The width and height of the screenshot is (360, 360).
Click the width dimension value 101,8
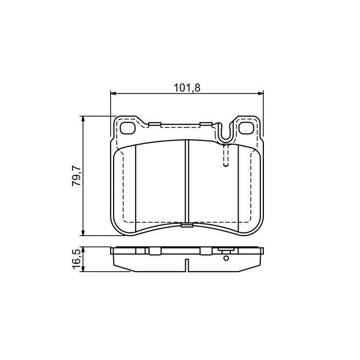click(x=187, y=87)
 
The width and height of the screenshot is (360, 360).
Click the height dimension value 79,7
click(x=76, y=175)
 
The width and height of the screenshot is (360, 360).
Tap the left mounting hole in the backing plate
click(x=127, y=127)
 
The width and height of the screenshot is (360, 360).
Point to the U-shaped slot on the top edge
click(x=225, y=133)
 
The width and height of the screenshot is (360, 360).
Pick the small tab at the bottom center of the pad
click(x=187, y=225)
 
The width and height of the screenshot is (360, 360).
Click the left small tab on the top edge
click(x=154, y=124)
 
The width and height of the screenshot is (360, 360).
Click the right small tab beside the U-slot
click(x=207, y=124)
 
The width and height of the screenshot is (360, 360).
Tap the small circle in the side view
click(x=225, y=258)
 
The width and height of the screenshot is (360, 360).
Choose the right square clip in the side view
click(x=206, y=251)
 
